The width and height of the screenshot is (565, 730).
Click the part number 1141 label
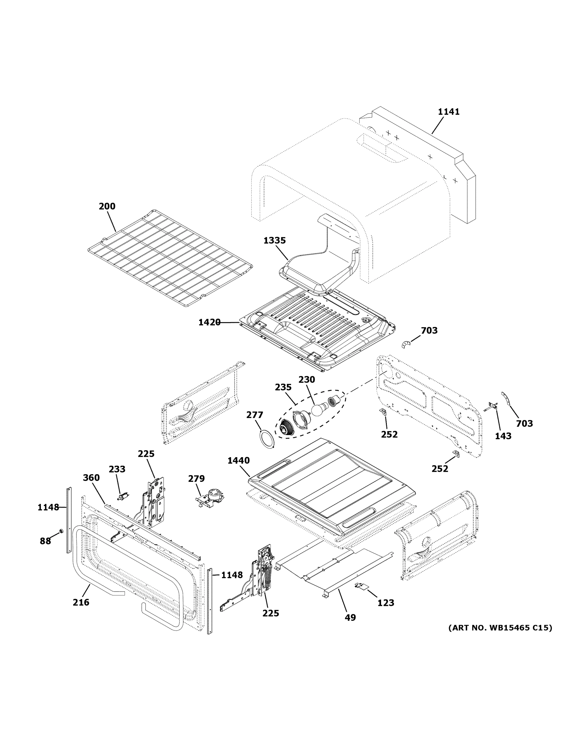click(449, 112)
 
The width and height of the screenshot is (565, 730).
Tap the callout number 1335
click(274, 240)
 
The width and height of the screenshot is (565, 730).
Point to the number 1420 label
click(209, 322)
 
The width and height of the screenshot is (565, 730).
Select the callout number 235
click(283, 387)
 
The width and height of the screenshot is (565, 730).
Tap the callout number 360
click(91, 478)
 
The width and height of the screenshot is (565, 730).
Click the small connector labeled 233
click(123, 496)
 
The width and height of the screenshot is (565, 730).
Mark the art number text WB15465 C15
click(500, 628)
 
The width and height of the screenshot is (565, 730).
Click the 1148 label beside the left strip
click(48, 507)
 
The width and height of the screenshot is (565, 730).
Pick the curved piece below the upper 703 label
click(406, 344)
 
